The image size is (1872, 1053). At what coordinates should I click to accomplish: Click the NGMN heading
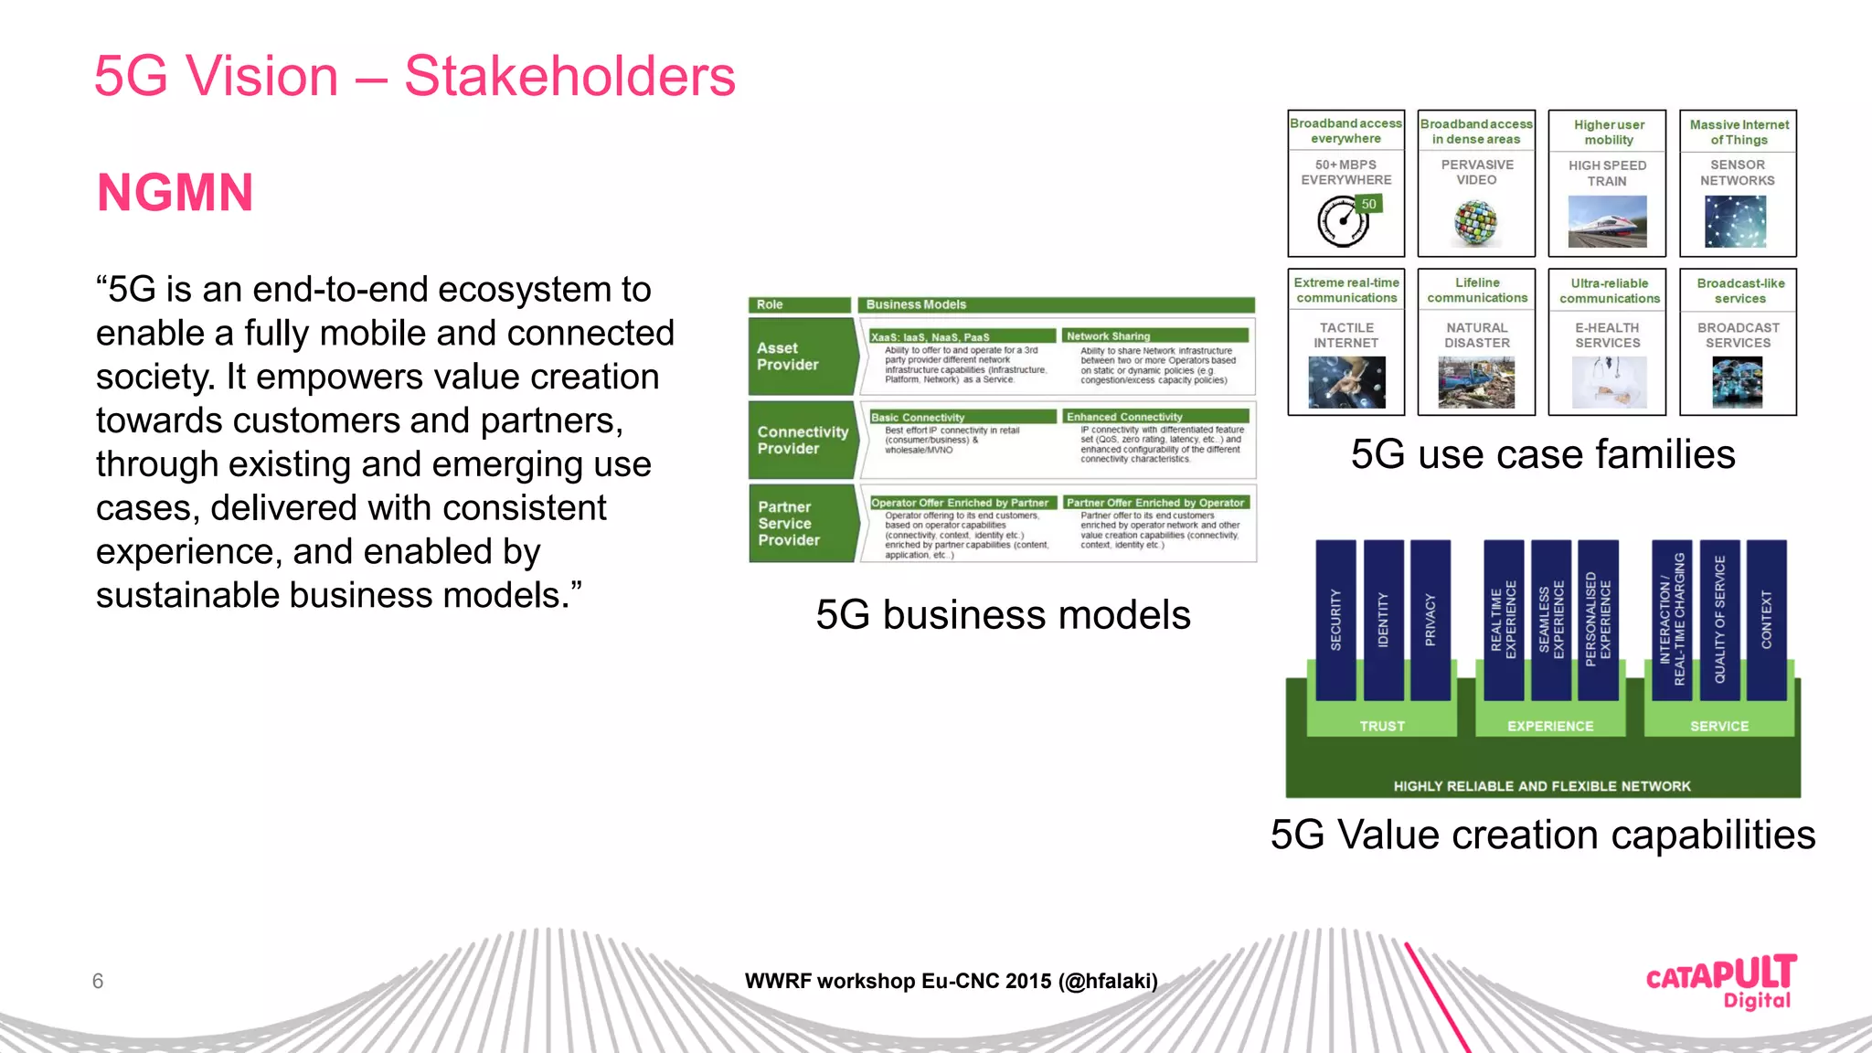(175, 193)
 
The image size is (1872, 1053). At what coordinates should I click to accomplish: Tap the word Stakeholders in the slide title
(569, 76)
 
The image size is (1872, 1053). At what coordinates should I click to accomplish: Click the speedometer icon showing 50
(1345, 221)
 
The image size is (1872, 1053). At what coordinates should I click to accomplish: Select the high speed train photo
(1607, 221)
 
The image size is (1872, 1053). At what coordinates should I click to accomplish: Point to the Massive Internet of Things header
(1739, 132)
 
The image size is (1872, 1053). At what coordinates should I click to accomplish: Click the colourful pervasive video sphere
(1475, 222)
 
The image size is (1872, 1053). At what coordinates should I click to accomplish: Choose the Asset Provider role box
(801, 356)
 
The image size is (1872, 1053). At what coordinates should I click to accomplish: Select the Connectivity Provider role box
(802, 440)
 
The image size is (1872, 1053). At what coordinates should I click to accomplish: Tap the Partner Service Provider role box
(802, 523)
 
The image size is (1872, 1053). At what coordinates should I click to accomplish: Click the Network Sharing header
(1155, 336)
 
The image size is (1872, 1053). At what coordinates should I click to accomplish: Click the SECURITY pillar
(1335, 620)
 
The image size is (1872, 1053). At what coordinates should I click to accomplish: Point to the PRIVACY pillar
(1431, 620)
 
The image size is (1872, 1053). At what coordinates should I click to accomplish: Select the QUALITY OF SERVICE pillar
(1719, 620)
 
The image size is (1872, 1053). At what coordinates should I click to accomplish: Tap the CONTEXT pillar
(1766, 620)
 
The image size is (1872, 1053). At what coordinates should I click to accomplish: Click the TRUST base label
(1381, 726)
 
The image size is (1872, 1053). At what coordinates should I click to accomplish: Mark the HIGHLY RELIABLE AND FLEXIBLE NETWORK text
(1542, 786)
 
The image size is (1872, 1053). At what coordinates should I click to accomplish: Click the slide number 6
(98, 981)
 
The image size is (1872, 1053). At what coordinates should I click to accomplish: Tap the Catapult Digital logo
(1721, 982)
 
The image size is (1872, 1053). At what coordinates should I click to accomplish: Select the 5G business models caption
(1003, 614)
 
